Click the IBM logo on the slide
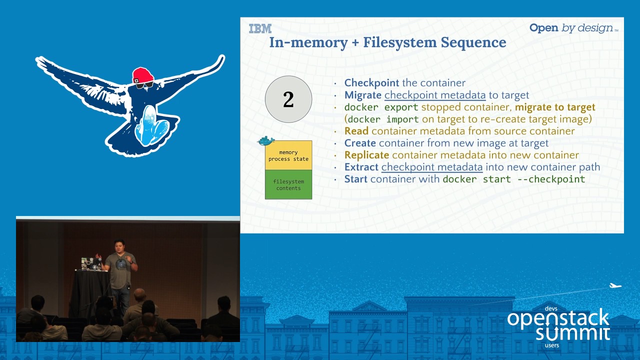tap(260, 28)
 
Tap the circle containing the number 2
tap(288, 99)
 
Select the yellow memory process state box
tap(288, 155)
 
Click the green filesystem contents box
tap(288, 184)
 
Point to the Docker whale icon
tap(266, 141)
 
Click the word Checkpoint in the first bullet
tap(371, 83)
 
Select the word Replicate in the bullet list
tap(366, 155)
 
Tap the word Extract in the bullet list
tap(361, 167)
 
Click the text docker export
tap(381, 107)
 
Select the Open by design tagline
tap(573, 28)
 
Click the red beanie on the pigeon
tap(142, 75)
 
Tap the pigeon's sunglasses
tap(143, 85)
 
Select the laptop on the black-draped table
tap(88, 263)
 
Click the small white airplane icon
tap(615, 286)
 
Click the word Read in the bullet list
tap(356, 131)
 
